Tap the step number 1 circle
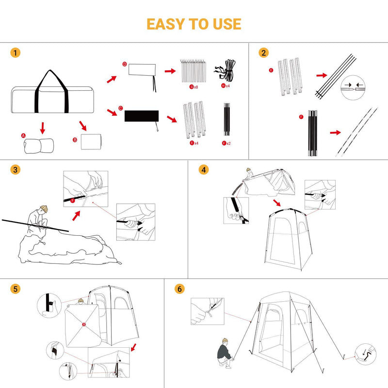point(17,53)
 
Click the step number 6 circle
point(180,289)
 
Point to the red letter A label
point(23,136)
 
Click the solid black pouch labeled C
point(142,116)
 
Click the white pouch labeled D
point(142,70)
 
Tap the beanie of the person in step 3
point(43,209)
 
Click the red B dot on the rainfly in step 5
point(84,324)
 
